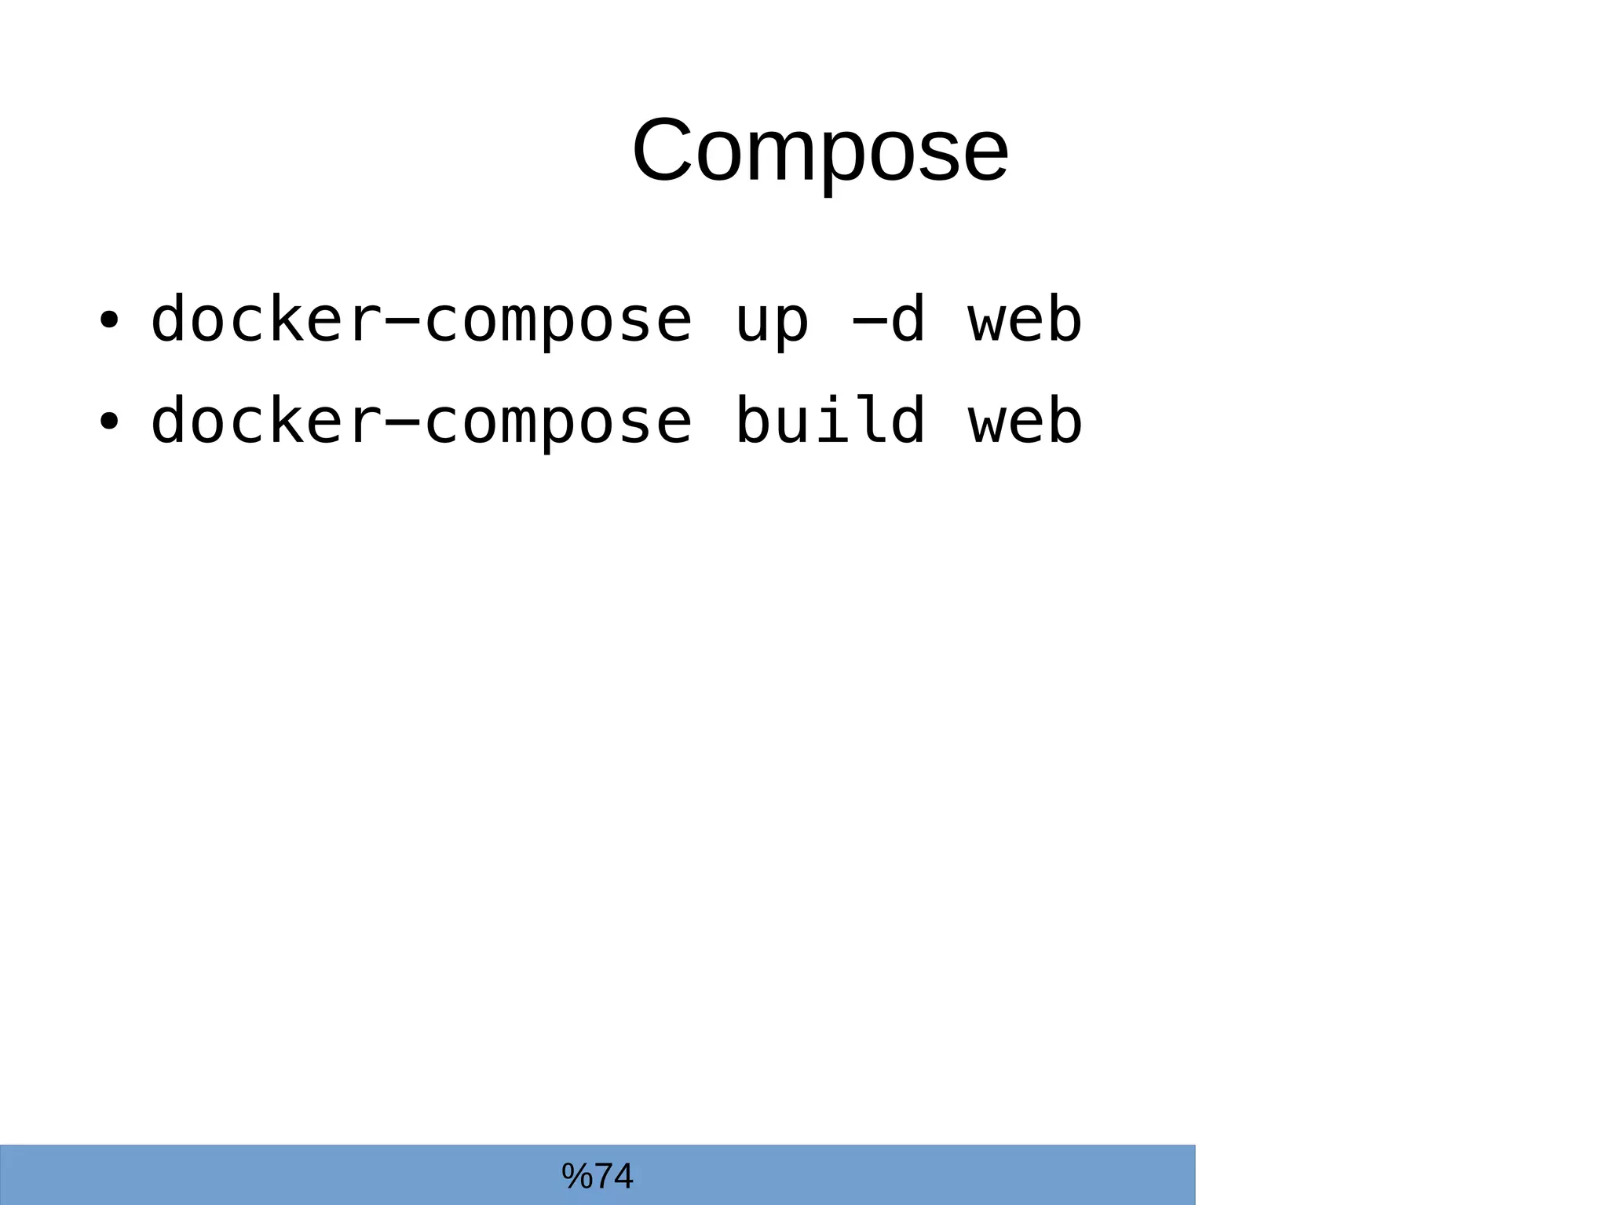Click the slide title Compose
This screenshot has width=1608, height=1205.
[x=820, y=150]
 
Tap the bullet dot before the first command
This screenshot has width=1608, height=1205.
[x=108, y=320]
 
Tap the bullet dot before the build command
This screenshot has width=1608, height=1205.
[x=108, y=422]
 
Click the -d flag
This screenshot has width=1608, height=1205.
[x=887, y=320]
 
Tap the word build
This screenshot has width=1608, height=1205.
[x=829, y=420]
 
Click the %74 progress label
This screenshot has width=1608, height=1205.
[x=598, y=1176]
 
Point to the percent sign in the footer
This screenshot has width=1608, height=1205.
[x=576, y=1176]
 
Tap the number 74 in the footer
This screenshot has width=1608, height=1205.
[x=614, y=1176]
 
